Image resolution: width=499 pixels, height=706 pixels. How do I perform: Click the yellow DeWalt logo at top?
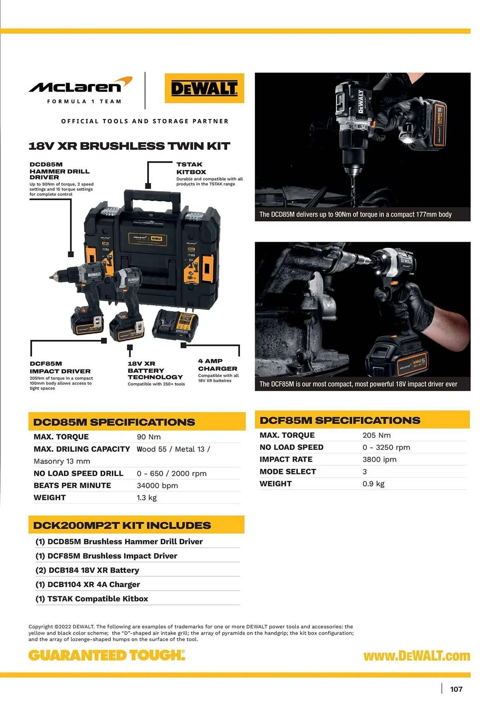tap(204, 88)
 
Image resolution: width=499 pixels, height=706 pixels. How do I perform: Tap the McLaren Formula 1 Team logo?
tap(80, 90)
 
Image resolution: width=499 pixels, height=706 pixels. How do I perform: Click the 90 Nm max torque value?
tap(149, 437)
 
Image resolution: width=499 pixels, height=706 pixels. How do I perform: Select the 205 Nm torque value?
tap(376, 435)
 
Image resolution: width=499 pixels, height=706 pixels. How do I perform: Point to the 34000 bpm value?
tap(157, 485)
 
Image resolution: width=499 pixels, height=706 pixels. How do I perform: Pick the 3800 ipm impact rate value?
tap(379, 459)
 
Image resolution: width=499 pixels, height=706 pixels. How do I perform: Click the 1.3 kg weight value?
tap(146, 497)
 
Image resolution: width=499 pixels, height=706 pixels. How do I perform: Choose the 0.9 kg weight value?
tap(373, 484)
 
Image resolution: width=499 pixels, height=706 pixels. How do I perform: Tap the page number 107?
tap(456, 689)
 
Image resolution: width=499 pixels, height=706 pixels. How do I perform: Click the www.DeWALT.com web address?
tap(417, 656)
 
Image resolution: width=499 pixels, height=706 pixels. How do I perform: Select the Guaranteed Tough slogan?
tap(107, 655)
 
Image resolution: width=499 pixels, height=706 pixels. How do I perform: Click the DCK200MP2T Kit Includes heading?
tap(122, 525)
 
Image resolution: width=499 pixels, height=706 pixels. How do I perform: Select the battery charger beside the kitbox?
tap(175, 324)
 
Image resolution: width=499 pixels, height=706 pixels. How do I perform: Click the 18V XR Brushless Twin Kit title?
tap(129, 146)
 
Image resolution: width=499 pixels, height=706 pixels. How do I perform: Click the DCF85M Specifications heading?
tap(340, 420)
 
